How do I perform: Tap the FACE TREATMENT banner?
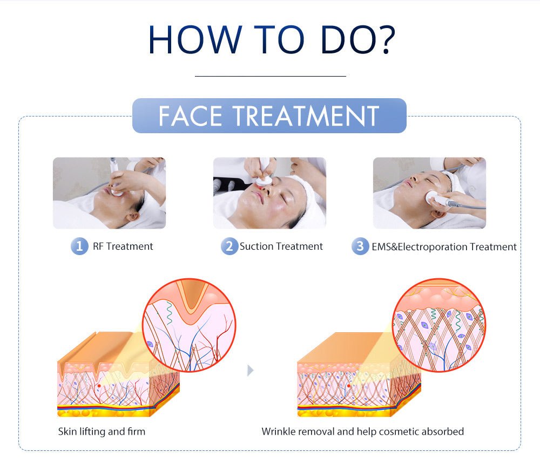point(269,115)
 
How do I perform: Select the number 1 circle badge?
point(79,246)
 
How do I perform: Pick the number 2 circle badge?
point(230,246)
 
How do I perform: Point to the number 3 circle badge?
point(360,246)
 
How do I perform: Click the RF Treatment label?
point(123,246)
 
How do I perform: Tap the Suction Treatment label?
point(281,246)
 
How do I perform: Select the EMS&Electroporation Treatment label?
point(444,246)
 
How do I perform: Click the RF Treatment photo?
point(109,193)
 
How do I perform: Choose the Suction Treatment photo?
point(269,193)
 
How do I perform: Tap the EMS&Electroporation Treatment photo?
point(429,193)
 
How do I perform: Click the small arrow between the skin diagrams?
point(251,371)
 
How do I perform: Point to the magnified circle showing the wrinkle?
point(189,325)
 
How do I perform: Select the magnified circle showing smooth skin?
point(438,325)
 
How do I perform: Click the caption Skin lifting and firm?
point(102,431)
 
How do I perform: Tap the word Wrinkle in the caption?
point(279,431)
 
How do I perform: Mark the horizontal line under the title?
point(271,76)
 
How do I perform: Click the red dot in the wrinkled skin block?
point(99,386)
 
